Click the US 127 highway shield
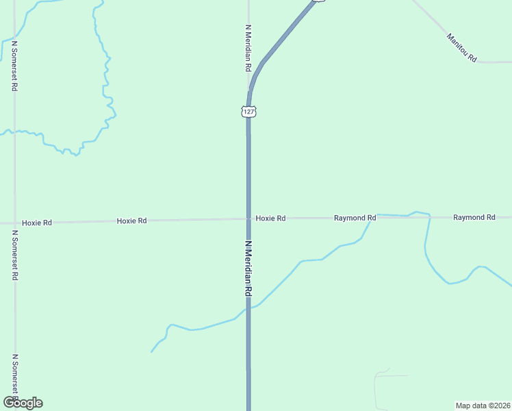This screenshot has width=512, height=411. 248,111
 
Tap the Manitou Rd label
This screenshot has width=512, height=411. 461,49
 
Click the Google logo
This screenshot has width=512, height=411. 22,403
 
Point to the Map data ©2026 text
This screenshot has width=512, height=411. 483,405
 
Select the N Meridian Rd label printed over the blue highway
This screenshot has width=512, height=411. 248,269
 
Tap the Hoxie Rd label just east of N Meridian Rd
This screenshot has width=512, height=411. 270,218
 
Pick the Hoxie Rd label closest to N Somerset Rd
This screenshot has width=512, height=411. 37,223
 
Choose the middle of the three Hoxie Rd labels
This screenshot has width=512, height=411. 131,221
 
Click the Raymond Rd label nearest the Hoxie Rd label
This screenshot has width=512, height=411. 355,218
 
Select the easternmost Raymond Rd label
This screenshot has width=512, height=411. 474,217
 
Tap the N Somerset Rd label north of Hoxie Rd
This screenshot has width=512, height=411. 14,66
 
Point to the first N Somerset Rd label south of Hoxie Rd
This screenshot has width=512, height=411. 14,256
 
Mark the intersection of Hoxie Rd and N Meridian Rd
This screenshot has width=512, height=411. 248,219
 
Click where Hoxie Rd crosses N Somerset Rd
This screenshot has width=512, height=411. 14,223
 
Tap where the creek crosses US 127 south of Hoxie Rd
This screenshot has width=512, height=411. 248,308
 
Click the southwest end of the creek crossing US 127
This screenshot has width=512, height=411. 151,352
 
